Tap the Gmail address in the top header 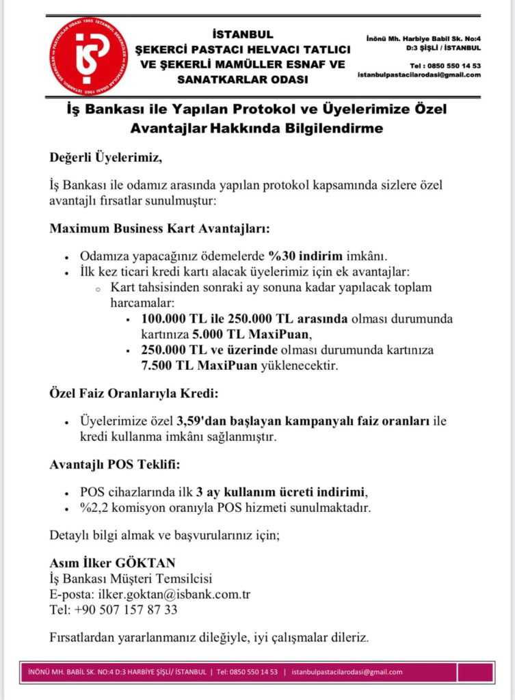[419, 75]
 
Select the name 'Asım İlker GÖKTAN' [113, 563]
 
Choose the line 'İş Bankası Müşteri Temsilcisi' [131, 578]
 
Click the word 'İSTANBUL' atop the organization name [243, 34]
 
